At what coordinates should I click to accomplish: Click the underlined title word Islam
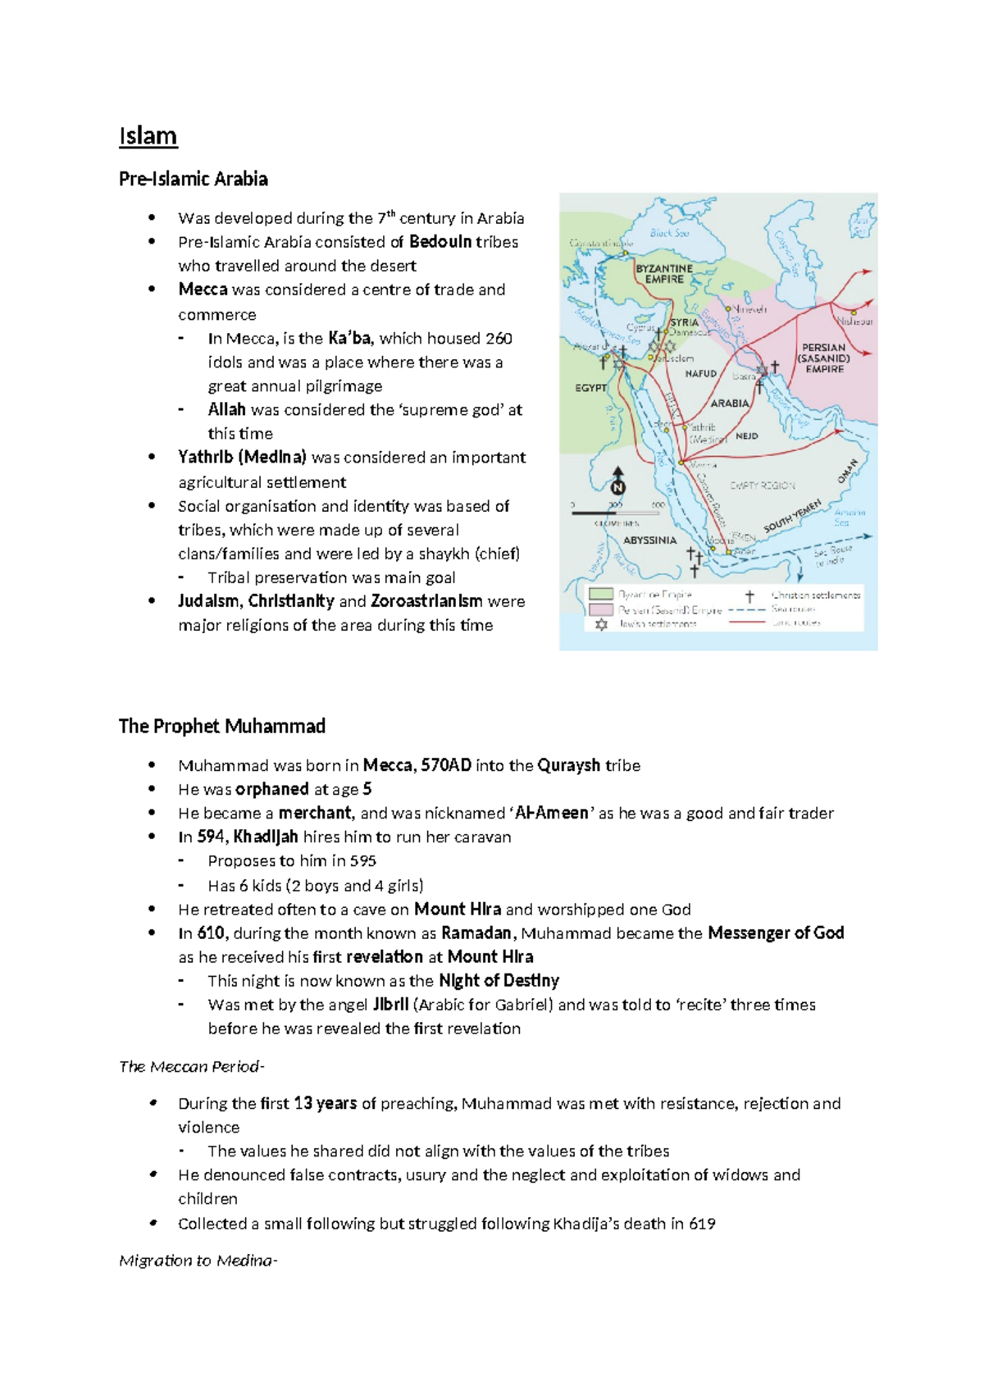point(148,136)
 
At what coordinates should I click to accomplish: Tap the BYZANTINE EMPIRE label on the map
point(664,274)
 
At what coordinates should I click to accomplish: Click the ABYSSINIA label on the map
point(649,540)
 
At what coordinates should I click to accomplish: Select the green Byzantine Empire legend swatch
point(601,594)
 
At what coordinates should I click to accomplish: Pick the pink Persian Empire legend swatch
point(601,610)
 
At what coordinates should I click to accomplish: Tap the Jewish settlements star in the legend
point(601,625)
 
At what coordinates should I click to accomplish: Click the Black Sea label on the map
point(669,233)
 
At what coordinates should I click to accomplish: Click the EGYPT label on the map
point(590,388)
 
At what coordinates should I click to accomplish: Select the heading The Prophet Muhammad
point(221,726)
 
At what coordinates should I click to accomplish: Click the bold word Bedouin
point(440,242)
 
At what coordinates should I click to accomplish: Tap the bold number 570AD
point(446,765)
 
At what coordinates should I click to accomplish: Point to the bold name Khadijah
point(266,837)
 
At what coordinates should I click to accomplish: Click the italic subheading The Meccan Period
point(190,1066)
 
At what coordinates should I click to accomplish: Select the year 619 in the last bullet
point(702,1224)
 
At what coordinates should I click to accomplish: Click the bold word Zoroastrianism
point(426,601)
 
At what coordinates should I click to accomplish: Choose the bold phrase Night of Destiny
point(499,981)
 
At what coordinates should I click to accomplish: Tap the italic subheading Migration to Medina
point(197,1261)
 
